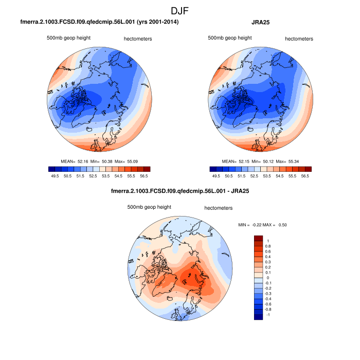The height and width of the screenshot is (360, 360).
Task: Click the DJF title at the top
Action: click(180, 10)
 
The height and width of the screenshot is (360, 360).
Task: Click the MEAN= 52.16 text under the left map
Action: click(77, 161)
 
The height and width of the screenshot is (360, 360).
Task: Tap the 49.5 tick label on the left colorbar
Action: click(53, 175)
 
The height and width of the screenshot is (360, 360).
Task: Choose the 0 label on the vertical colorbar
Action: click(268, 278)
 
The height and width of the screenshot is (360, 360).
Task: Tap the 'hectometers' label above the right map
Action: click(299, 39)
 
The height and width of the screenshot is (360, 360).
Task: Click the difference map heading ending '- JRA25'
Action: click(180, 192)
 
